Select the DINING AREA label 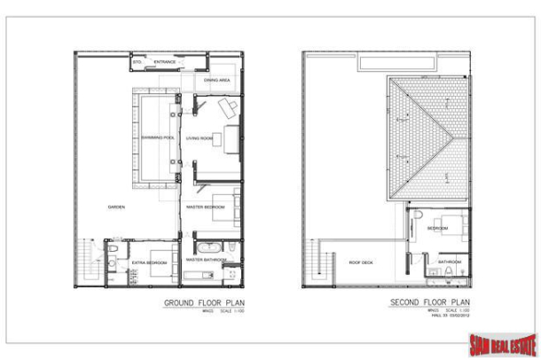click(216, 80)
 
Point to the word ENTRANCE click(165, 62)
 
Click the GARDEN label click(115, 207)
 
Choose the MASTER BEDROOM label click(204, 207)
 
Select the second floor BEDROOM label click(438, 228)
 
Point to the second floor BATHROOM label click(449, 262)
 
